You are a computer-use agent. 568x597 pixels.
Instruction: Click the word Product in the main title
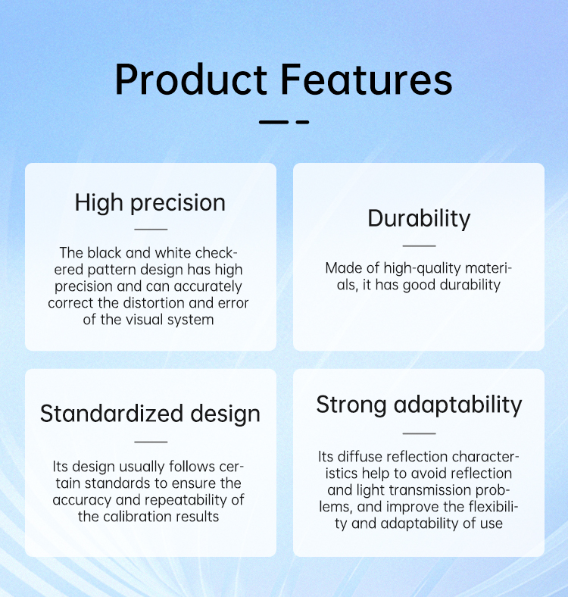click(x=191, y=80)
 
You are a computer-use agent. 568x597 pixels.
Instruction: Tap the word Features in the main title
click(x=367, y=80)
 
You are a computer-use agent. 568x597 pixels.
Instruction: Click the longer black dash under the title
click(x=273, y=122)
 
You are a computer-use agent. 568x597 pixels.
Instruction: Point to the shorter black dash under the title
click(x=302, y=122)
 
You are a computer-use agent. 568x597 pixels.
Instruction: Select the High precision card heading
click(x=150, y=202)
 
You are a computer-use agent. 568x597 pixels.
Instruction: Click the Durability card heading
click(x=419, y=218)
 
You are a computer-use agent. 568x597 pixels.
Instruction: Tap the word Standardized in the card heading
click(x=111, y=414)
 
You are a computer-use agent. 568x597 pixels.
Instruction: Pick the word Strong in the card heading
click(x=351, y=405)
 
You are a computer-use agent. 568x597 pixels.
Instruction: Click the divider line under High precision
click(x=151, y=230)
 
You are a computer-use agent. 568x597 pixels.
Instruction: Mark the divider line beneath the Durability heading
click(x=419, y=246)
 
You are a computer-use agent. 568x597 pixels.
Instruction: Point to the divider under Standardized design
click(x=151, y=442)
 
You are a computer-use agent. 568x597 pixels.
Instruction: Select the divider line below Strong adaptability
click(x=419, y=433)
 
